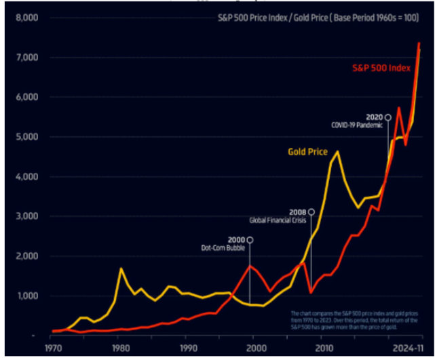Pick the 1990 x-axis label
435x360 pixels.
point(188,348)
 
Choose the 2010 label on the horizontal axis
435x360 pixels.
point(322,348)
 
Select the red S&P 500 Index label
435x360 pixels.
point(381,68)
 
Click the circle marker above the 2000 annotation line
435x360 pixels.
point(250,240)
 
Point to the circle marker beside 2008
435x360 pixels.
point(311,212)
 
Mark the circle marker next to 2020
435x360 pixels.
point(387,117)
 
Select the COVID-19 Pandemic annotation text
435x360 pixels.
point(356,125)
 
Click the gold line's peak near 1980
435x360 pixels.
point(121,269)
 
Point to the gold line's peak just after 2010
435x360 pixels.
point(337,152)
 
